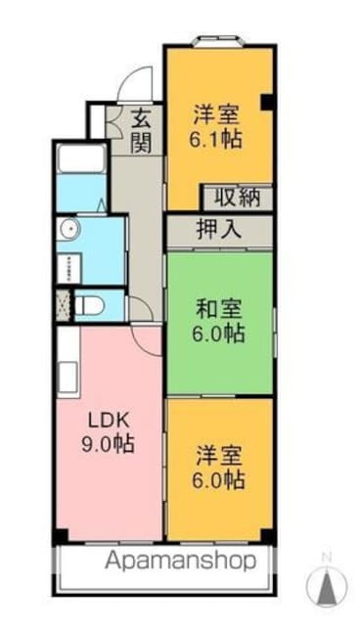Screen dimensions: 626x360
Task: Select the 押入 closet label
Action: click(218, 232)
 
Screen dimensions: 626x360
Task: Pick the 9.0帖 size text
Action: click(108, 445)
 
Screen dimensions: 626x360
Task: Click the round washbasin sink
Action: click(68, 230)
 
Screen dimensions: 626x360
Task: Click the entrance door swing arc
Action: click(137, 80)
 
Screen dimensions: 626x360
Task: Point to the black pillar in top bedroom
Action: click(265, 100)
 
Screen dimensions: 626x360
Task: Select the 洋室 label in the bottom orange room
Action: click(218, 455)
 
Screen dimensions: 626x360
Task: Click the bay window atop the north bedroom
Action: click(217, 40)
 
